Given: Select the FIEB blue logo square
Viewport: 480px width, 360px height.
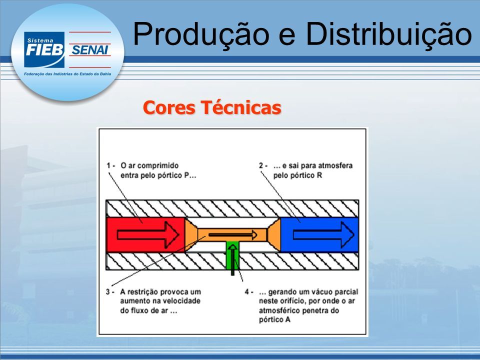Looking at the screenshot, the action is click(x=44, y=49).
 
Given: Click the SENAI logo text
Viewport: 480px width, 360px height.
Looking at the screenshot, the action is click(x=89, y=50).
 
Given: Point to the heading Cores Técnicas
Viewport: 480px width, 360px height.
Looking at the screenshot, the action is click(x=212, y=107).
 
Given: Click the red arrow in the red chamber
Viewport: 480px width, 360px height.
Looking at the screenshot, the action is click(x=148, y=235).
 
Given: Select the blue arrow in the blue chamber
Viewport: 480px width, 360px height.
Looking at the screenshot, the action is click(x=323, y=235).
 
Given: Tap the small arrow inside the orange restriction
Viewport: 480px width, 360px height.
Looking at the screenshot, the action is click(x=233, y=235).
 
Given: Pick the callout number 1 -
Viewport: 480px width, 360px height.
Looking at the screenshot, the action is click(x=110, y=165).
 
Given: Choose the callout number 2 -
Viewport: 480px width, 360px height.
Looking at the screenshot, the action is click(x=263, y=165).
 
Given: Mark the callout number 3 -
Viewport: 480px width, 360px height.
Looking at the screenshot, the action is click(x=110, y=291).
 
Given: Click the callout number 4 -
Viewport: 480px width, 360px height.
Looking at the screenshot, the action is click(x=249, y=291).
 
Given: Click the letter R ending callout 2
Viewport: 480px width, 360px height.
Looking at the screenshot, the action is click(x=319, y=175).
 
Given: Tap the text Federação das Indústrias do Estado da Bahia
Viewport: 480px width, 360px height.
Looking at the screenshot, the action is click(x=67, y=74).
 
